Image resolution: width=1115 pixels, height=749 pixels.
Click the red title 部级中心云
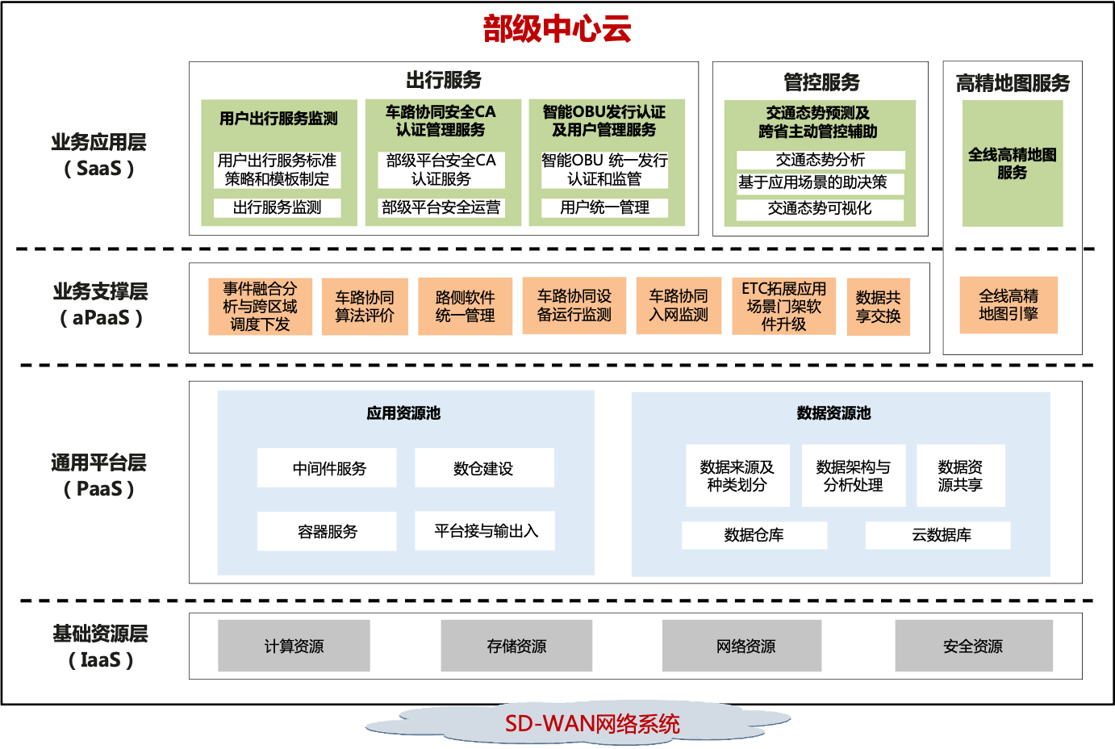coord(557,29)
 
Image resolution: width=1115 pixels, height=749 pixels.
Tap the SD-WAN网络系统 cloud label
coord(592,723)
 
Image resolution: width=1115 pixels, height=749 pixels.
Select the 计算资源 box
coord(294,646)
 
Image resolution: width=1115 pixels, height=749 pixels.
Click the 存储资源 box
coord(516,646)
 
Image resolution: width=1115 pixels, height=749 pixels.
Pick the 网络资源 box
coord(741,646)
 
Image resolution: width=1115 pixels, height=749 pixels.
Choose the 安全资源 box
coord(973,646)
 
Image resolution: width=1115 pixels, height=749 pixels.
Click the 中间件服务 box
coord(327,468)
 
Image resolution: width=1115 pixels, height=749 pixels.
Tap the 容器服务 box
coord(327,531)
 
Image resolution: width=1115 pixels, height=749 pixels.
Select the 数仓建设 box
coord(484,468)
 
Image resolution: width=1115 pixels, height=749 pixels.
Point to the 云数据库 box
coord(938,534)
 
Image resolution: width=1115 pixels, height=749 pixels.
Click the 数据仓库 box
coord(754,534)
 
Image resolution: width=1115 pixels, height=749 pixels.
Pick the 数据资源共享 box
coord(960,475)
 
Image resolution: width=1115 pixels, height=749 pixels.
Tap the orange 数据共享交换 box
coord(878,307)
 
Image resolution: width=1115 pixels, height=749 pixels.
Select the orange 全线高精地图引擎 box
coord(1009,305)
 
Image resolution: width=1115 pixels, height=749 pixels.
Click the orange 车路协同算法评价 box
coord(365,306)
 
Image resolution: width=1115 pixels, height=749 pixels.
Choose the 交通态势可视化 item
coord(820,208)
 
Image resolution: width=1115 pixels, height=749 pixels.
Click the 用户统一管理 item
coord(605,207)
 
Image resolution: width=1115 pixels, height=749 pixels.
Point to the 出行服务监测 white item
coord(278,207)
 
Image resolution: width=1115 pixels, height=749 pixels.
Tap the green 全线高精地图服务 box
coord(1013,163)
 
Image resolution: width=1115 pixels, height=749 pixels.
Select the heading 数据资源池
coord(833,413)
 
